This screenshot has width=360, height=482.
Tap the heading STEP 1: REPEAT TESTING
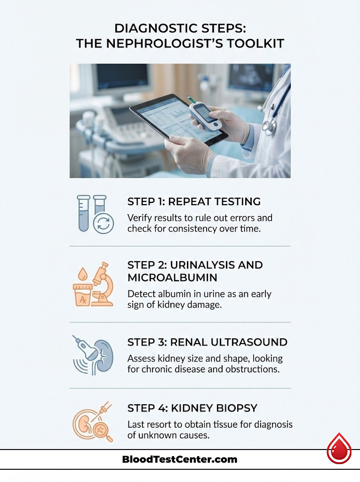pos(194,201)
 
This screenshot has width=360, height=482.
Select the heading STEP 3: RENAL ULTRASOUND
pos(207,342)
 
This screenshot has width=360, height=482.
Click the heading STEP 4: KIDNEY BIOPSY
pos(192,408)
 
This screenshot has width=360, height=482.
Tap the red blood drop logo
pos(339,449)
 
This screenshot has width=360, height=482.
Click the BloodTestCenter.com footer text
pos(180,459)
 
